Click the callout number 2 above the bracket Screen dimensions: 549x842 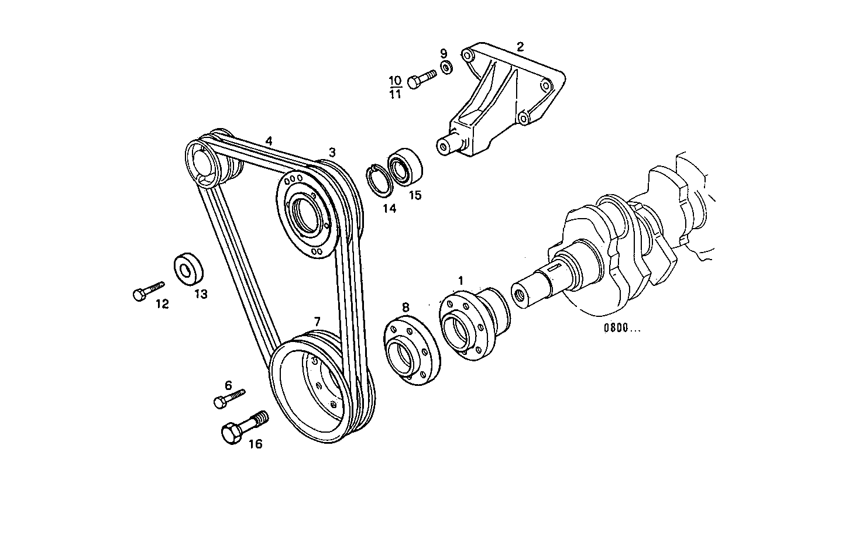tap(520, 47)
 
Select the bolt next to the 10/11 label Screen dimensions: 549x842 tap(421, 80)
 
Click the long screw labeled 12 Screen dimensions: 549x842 tap(149, 290)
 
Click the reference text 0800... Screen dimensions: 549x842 tap(623, 328)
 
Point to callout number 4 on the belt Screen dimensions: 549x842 tap(269, 141)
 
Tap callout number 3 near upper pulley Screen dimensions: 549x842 tap(332, 153)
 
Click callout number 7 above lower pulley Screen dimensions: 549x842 tap(317, 322)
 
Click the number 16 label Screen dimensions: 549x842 tap(255, 444)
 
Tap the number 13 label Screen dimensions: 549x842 tap(201, 295)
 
